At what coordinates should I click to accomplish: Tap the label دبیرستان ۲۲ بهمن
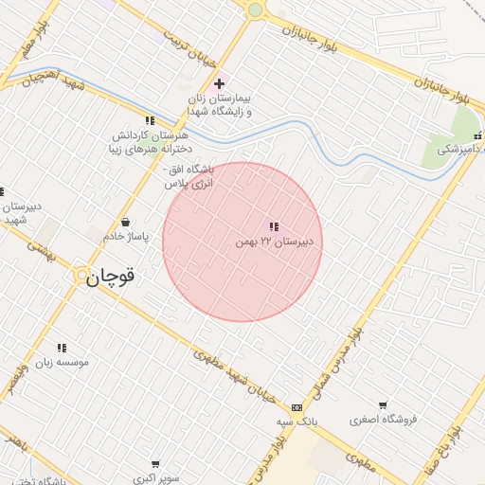278,242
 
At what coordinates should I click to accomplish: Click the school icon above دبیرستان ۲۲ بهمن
274,227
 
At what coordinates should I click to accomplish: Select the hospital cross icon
219,83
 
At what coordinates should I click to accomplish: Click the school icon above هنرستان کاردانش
149,120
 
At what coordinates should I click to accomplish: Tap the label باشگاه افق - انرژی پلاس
190,175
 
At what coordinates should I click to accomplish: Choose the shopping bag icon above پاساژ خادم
125,223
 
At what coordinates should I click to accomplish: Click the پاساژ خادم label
126,236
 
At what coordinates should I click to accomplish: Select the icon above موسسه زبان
62,349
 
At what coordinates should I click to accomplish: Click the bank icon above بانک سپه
297,407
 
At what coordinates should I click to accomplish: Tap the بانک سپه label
296,421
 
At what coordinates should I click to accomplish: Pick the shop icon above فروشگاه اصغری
383,405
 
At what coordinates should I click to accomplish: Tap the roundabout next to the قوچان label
81,276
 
